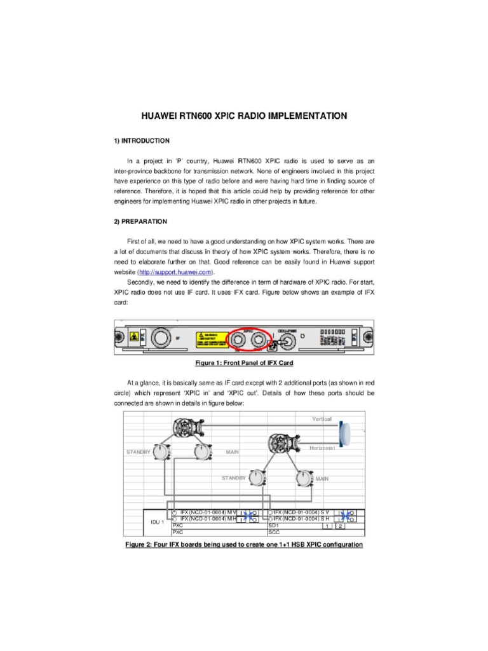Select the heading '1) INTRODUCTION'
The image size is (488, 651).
click(141, 140)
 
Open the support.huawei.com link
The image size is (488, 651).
click(174, 272)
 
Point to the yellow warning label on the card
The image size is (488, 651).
click(210, 339)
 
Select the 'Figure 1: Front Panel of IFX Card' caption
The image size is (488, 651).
click(243, 363)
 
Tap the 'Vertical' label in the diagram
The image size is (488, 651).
click(322, 419)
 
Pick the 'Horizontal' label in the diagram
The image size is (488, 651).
click(322, 448)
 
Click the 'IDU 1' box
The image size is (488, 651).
click(157, 522)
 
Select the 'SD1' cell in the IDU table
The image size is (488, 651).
click(274, 526)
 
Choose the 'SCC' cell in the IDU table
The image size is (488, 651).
click(274, 533)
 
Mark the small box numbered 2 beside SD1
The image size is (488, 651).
click(341, 526)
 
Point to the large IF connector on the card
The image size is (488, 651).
click(161, 338)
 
